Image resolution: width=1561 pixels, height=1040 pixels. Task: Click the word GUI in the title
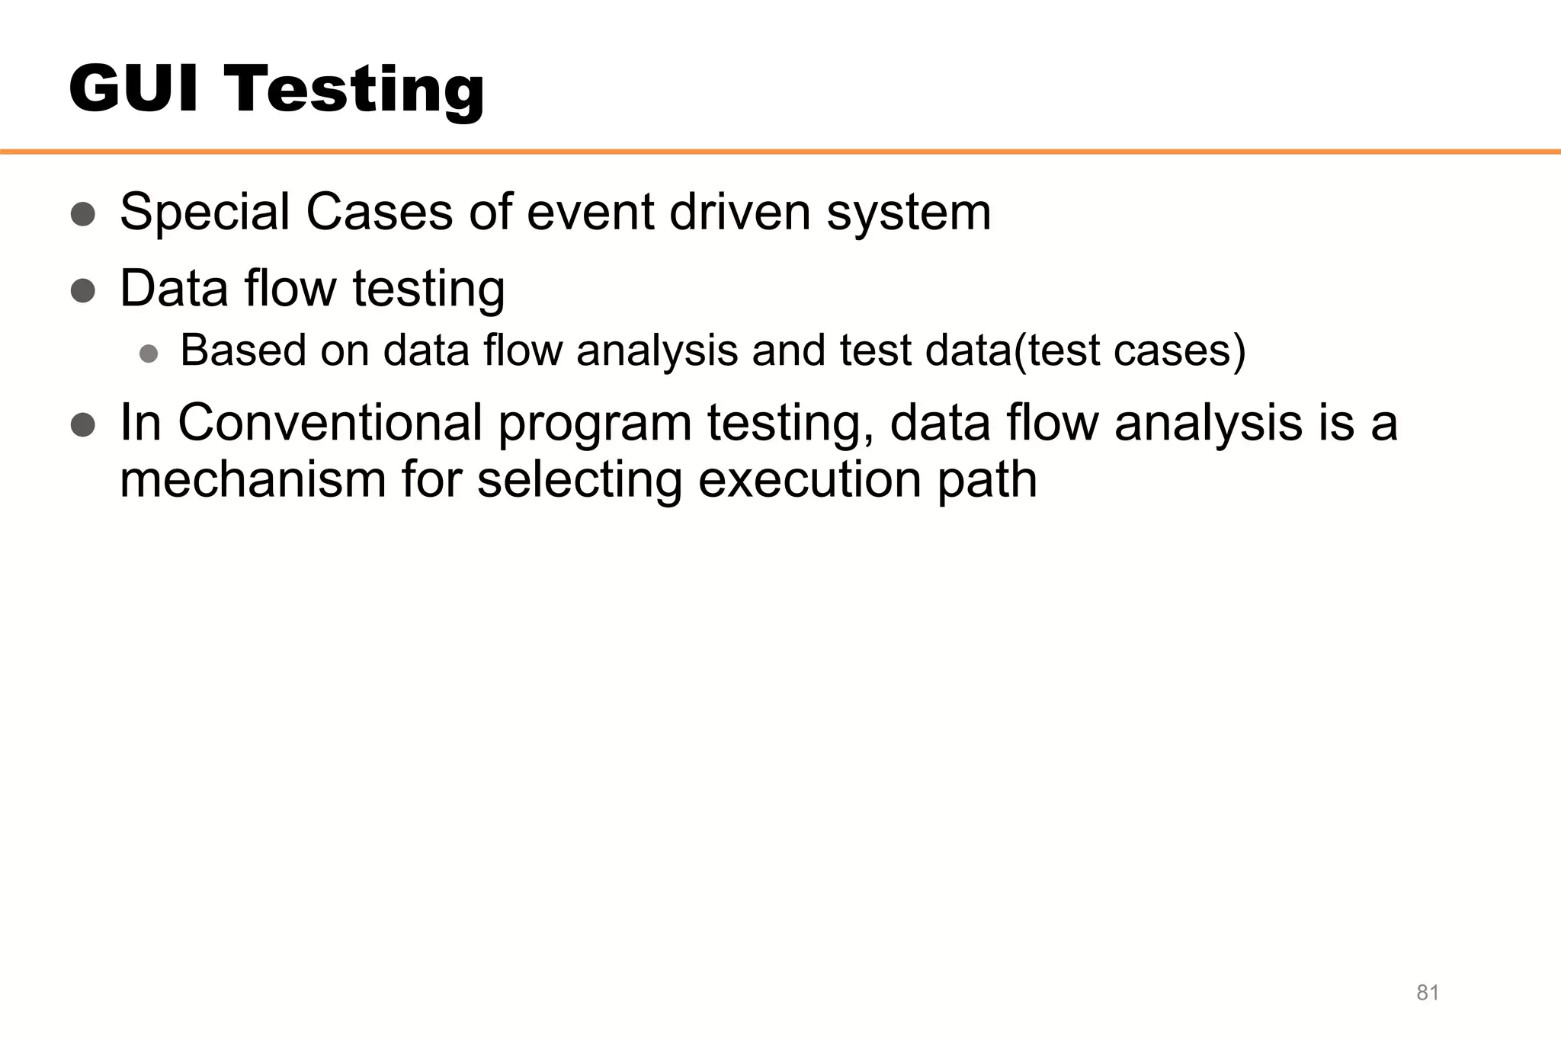click(x=134, y=88)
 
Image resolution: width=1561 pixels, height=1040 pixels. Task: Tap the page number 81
click(x=1427, y=993)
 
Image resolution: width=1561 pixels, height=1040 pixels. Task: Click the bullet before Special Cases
click(x=83, y=214)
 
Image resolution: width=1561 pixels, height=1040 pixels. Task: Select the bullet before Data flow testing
click(x=83, y=290)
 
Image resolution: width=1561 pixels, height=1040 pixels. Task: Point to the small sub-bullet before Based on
click(x=149, y=353)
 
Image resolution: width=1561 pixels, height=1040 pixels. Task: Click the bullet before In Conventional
click(x=83, y=424)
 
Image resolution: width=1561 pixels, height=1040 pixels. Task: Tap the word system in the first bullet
click(x=909, y=213)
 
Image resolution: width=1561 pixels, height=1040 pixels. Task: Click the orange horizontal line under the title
click(x=780, y=152)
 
